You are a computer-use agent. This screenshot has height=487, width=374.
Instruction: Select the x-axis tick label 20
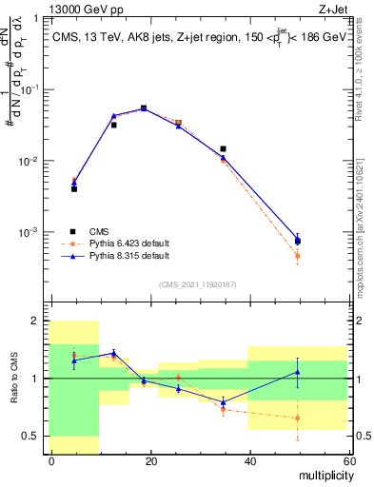click(150, 460)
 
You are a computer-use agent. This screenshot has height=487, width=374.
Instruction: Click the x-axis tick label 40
click(249, 460)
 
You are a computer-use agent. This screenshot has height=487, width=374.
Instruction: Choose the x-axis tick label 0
click(52, 460)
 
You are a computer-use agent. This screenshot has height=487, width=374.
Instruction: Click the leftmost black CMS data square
click(74, 189)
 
